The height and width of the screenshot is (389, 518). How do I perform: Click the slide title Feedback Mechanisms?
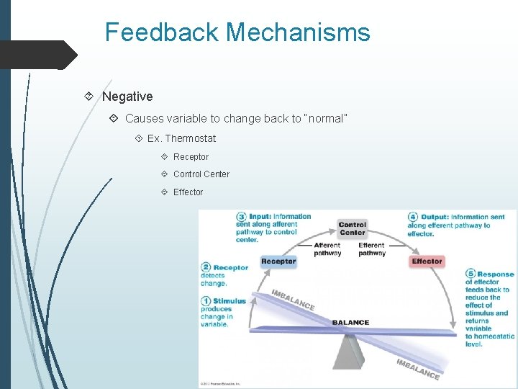point(237,32)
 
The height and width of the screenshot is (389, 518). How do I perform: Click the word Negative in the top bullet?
point(127,97)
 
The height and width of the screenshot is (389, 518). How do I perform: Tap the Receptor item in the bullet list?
point(191,157)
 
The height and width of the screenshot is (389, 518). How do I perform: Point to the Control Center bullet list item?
point(201,174)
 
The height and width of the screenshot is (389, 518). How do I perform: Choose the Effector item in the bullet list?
point(188,192)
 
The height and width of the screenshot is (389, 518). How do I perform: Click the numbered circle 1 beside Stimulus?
point(206,301)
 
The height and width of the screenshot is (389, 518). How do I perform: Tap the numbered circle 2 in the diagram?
point(206,268)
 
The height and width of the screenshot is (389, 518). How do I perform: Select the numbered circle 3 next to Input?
point(242,217)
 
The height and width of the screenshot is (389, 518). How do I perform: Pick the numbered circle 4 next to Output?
point(413,217)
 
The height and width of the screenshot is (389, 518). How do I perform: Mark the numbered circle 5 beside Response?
point(471,274)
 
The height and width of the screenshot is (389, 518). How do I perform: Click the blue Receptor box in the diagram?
point(278,261)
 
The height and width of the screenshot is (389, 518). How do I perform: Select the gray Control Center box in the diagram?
point(353,228)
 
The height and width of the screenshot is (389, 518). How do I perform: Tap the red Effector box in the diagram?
point(427,261)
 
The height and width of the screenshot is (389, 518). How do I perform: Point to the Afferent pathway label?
point(327,249)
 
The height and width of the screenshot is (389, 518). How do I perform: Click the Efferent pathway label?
point(372,249)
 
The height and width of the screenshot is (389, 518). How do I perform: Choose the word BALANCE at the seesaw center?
point(350,323)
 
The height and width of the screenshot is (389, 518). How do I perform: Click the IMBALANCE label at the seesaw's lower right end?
point(418,368)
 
